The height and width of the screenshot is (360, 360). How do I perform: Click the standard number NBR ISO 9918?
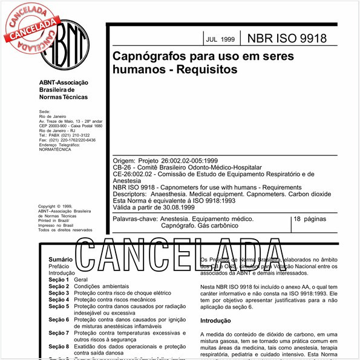(x=287, y=39)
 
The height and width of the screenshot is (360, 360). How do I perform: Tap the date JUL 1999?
(x=220, y=39)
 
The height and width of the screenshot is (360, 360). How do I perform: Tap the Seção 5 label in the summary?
(x=59, y=306)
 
